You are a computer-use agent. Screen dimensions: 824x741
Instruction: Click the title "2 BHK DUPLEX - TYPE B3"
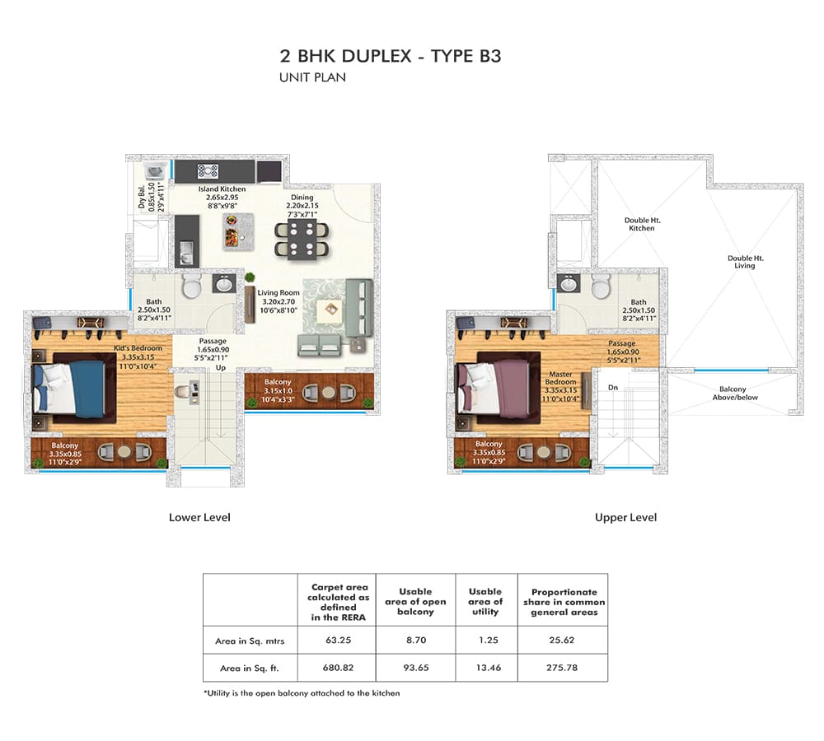click(391, 56)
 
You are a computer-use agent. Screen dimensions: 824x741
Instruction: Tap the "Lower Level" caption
click(199, 517)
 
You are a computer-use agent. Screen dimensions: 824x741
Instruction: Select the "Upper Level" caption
click(626, 517)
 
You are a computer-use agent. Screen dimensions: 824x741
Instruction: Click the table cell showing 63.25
click(338, 641)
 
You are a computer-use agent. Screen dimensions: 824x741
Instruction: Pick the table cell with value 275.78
click(562, 668)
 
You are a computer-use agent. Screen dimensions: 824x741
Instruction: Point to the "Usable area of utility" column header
click(485, 601)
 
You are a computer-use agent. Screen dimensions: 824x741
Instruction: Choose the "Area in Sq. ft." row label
click(250, 669)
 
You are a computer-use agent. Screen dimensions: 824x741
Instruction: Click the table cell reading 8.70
click(416, 641)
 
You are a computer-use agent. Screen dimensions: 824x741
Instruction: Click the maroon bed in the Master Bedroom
click(499, 387)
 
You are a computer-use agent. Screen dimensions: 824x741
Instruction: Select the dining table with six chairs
click(302, 240)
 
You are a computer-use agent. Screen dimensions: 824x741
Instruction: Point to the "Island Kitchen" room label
click(222, 189)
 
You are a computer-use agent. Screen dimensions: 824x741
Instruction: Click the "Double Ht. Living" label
click(745, 262)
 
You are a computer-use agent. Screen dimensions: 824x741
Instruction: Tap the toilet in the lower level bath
click(192, 286)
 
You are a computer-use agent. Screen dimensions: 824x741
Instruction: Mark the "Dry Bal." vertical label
click(142, 198)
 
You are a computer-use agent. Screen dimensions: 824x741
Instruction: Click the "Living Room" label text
click(279, 293)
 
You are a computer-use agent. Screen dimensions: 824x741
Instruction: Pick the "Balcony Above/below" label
click(734, 394)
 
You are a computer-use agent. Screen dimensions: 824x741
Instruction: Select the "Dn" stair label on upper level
click(613, 388)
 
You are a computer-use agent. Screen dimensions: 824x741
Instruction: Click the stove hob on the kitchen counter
click(208, 171)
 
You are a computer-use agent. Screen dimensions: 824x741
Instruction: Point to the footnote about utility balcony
click(302, 693)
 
